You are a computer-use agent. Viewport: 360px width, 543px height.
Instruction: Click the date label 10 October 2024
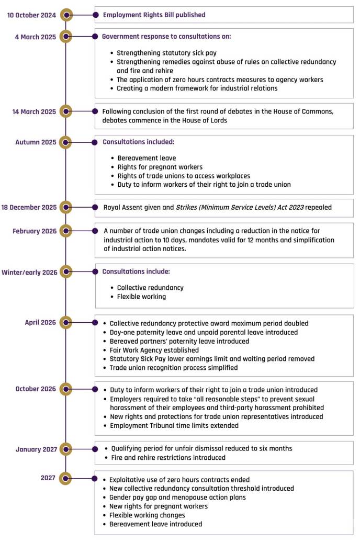point(31,15)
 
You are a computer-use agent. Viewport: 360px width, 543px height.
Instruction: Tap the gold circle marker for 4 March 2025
point(65,36)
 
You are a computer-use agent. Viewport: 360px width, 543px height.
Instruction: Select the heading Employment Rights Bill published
point(154,15)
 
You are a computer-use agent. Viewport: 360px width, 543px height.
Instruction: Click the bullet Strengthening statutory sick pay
point(166,53)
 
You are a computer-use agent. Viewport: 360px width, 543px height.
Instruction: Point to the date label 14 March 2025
point(34,111)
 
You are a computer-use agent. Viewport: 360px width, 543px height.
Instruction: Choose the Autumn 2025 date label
point(36,142)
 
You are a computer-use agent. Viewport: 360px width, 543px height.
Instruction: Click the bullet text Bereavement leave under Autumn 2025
point(147,158)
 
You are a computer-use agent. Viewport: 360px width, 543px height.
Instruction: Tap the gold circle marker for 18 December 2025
point(65,207)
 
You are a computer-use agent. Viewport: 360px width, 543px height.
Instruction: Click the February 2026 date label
point(35,231)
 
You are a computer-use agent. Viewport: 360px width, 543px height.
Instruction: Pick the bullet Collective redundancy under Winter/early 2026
point(150,288)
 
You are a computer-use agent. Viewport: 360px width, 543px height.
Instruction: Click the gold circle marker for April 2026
point(65,323)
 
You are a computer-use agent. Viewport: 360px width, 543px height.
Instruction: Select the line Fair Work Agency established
point(154,350)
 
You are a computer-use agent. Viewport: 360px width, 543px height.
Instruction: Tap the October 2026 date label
point(35,389)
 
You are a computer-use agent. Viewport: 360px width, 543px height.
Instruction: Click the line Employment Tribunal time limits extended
point(174,426)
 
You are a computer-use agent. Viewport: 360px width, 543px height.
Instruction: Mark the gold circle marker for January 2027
point(65,449)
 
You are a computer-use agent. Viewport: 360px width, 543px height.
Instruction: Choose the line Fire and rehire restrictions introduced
point(168,458)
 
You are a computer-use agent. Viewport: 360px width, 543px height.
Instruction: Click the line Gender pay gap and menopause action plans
point(177,497)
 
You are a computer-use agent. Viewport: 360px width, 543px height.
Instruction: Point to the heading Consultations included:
point(138,142)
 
